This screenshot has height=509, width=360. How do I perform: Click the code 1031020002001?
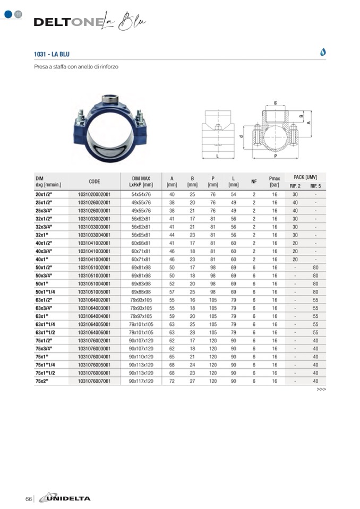pos(94,194)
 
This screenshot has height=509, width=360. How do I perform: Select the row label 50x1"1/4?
pos(45,292)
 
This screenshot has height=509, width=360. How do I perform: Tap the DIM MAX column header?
pos(141,182)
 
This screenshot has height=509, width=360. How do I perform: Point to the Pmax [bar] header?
pos(275,182)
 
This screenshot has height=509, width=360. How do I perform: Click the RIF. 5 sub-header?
pos(315,186)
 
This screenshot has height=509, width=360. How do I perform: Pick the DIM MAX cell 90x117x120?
pos(141,381)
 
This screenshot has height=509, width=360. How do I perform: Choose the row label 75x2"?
pos(42,381)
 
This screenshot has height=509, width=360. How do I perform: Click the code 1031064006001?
pos(94,332)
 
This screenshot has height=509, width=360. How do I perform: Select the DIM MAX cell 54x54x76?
pos(141,194)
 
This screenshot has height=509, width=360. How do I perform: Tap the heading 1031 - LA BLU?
pos(52,54)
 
